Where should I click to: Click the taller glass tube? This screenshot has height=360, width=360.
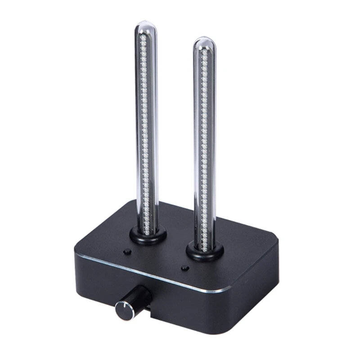coord(147,126)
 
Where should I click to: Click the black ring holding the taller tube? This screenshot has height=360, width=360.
coord(148,235)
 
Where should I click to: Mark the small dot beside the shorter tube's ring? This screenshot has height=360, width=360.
coord(184,269)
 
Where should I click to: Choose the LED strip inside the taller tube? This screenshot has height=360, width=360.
coord(144,135)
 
